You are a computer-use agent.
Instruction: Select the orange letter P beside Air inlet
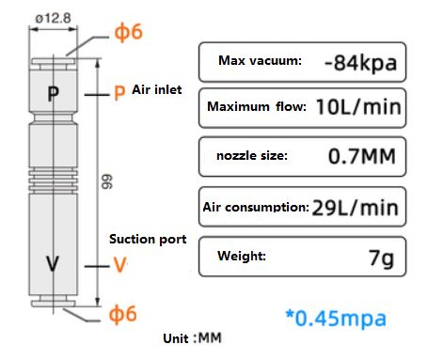point(119,92)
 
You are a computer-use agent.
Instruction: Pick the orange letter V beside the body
point(119,265)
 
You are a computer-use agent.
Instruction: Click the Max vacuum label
point(260,62)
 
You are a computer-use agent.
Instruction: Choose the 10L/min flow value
point(357,107)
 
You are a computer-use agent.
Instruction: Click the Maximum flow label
point(256,107)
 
